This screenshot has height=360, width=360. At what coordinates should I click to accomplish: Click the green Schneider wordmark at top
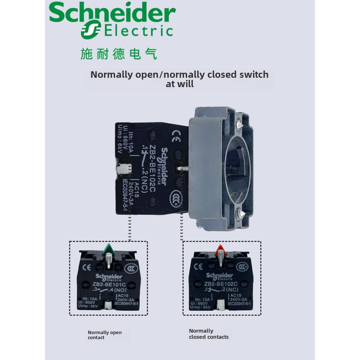click(112, 14)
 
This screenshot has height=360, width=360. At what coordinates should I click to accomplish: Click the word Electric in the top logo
click(139, 31)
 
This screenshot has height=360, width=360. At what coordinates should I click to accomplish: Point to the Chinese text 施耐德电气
click(119, 54)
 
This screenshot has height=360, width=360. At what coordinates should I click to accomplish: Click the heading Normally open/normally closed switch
click(179, 75)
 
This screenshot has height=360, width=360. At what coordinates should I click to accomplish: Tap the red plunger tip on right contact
click(220, 249)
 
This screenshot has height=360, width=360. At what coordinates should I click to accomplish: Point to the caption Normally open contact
click(105, 335)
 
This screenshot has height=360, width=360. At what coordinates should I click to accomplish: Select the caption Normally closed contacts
click(208, 334)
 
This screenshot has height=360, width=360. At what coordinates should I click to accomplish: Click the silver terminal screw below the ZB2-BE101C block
click(108, 305)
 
